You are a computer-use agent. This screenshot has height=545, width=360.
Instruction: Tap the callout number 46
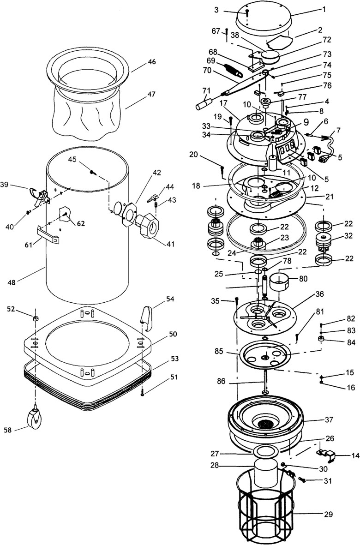(x=152, y=62)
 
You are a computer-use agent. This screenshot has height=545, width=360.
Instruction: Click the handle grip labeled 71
(x=204, y=103)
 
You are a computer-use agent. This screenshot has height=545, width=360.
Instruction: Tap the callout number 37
(x=329, y=420)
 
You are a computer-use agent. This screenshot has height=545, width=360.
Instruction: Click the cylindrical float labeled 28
(x=266, y=472)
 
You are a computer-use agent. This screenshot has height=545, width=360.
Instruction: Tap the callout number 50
(x=173, y=334)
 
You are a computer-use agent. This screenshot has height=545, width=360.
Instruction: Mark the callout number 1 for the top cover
(x=324, y=10)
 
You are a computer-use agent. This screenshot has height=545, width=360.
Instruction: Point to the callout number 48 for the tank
(x=12, y=282)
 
